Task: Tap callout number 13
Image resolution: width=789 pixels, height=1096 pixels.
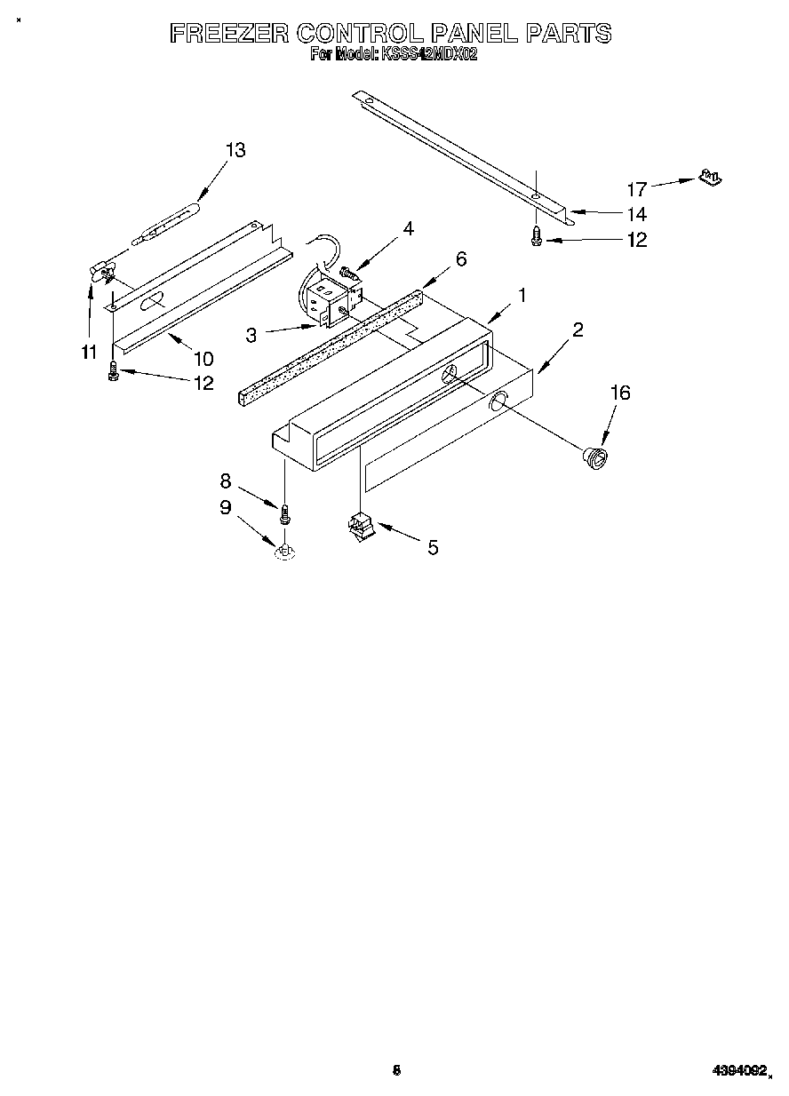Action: tap(235, 150)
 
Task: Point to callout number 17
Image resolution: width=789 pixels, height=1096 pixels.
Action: tap(637, 188)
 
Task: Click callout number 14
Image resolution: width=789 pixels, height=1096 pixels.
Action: tap(636, 214)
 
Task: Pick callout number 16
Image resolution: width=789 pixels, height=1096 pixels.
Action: tap(619, 393)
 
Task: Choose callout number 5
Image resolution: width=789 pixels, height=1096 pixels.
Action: tap(433, 547)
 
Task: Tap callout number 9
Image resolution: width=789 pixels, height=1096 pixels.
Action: tap(225, 507)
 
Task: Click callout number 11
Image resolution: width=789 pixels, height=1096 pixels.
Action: tap(88, 353)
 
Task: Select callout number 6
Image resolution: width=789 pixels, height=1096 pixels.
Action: tap(460, 258)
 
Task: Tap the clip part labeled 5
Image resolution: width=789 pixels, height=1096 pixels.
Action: tap(361, 528)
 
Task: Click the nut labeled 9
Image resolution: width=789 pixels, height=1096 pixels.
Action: tap(284, 552)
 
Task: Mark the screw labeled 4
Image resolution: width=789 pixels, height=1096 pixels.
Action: tap(350, 274)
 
